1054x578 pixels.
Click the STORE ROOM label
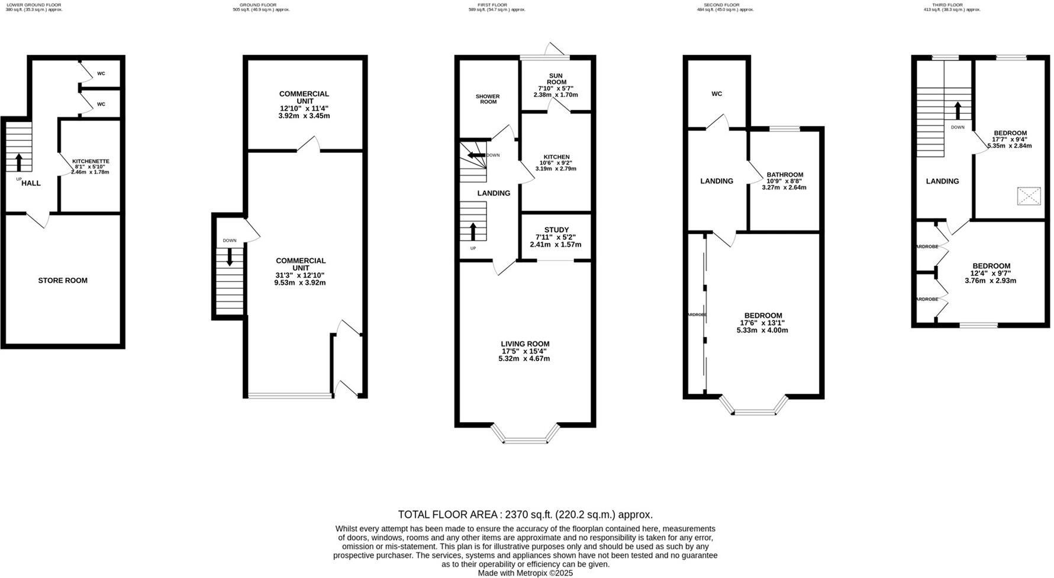coord(63,281)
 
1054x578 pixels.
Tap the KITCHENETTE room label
coord(91,161)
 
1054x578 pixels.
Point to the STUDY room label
coord(556,230)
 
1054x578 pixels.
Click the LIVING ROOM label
coord(525,343)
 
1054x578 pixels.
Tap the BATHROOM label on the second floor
coord(785,175)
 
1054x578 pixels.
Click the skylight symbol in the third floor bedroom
coord(1029,196)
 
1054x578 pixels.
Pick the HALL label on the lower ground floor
coord(31,183)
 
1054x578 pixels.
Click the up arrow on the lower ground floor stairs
coord(18,162)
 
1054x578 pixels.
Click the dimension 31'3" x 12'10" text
coord(301,275)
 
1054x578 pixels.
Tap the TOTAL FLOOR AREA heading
coord(525,515)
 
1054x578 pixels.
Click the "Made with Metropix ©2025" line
coord(525,573)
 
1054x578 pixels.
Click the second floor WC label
coord(717,94)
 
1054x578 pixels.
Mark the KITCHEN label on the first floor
coord(555,157)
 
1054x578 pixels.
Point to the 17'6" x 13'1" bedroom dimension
coord(762,323)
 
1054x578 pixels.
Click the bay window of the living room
coord(525,440)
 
